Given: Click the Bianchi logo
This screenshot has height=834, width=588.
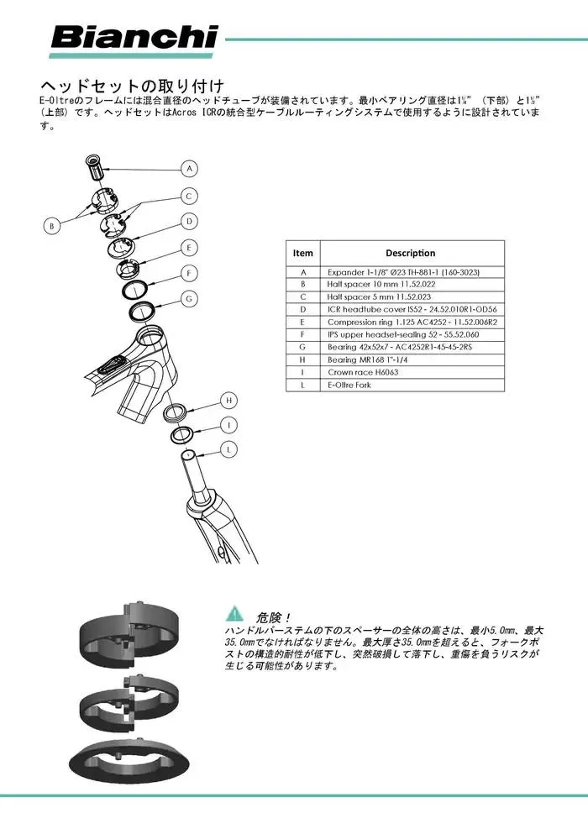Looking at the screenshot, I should pos(134,38).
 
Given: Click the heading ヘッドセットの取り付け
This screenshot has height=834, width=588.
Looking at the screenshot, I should pos(132,86).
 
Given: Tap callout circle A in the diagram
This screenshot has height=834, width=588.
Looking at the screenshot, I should pos(190,169).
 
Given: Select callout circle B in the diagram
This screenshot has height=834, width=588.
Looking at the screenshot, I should pos(52,225).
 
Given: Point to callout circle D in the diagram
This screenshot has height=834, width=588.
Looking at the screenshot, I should pos(190,222).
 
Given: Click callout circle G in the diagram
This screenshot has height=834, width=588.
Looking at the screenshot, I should pos(189,298).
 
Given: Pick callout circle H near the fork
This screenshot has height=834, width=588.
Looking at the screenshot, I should pos(227,400).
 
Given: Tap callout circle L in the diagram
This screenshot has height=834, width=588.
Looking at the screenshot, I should pos(228,450).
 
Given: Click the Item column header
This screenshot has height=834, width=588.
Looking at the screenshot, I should pos(302,253).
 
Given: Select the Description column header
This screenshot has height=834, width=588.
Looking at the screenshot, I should pos(410,253).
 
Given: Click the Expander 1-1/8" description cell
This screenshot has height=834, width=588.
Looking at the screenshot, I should pos(403,272).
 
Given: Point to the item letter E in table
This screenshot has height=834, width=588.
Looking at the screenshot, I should pos(302,322).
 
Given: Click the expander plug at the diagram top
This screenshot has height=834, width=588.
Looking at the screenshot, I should pos(95,165).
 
